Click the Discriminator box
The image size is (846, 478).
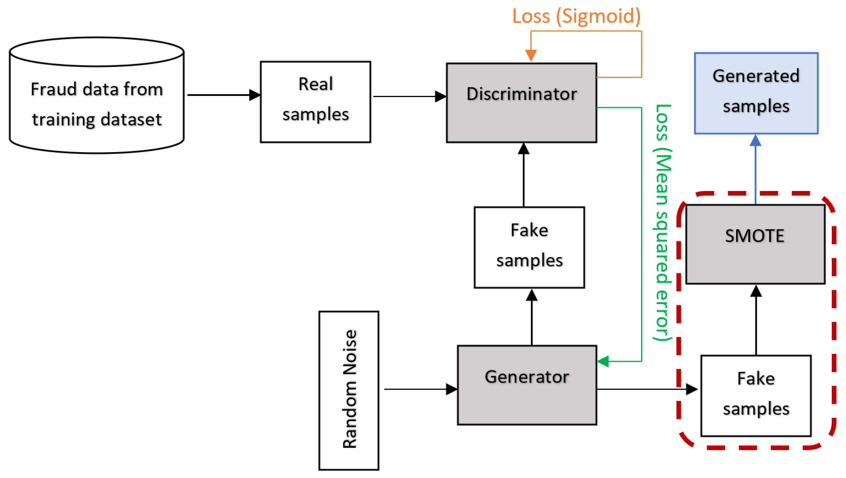tap(521, 103)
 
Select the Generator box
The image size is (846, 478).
tap(527, 385)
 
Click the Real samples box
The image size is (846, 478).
tap(315, 102)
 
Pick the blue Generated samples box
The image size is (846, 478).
tap(756, 93)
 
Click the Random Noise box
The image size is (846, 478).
tap(349, 390)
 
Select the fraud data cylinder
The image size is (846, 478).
tap(96, 99)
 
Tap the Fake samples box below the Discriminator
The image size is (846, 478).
tap(529, 247)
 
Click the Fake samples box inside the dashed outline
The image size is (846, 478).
tap(756, 396)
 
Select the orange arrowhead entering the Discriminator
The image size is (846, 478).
tap(531, 55)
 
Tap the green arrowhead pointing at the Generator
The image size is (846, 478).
tap(603, 361)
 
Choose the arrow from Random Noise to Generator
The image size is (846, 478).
tap(420, 389)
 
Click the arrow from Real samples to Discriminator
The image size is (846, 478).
tap(409, 96)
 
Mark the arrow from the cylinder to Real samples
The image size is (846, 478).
tap(223, 95)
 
